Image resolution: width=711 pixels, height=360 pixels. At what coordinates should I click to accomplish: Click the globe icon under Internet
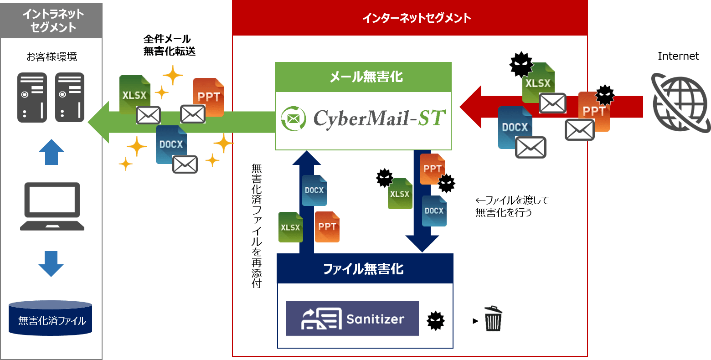click(x=679, y=103)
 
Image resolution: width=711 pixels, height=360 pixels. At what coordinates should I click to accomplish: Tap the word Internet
click(x=678, y=56)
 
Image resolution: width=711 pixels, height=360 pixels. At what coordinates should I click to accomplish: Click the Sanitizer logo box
click(x=352, y=319)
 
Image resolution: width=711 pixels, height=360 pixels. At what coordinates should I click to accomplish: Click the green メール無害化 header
click(x=363, y=77)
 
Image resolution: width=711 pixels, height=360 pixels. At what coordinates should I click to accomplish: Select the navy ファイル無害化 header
click(x=365, y=269)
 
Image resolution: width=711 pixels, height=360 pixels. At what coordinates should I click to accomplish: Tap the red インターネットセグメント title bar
click(x=410, y=18)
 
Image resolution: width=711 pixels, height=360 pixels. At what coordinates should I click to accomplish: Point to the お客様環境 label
click(x=52, y=57)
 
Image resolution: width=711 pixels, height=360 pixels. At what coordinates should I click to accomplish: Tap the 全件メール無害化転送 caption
click(x=169, y=45)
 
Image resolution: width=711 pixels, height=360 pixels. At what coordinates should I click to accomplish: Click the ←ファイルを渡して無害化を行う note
click(x=511, y=206)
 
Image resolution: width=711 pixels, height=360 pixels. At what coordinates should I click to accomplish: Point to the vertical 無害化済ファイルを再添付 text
click(x=257, y=226)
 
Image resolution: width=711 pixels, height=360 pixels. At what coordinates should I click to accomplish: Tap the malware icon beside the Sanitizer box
click(x=435, y=321)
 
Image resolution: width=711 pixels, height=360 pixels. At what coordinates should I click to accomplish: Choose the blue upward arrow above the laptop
click(x=52, y=152)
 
